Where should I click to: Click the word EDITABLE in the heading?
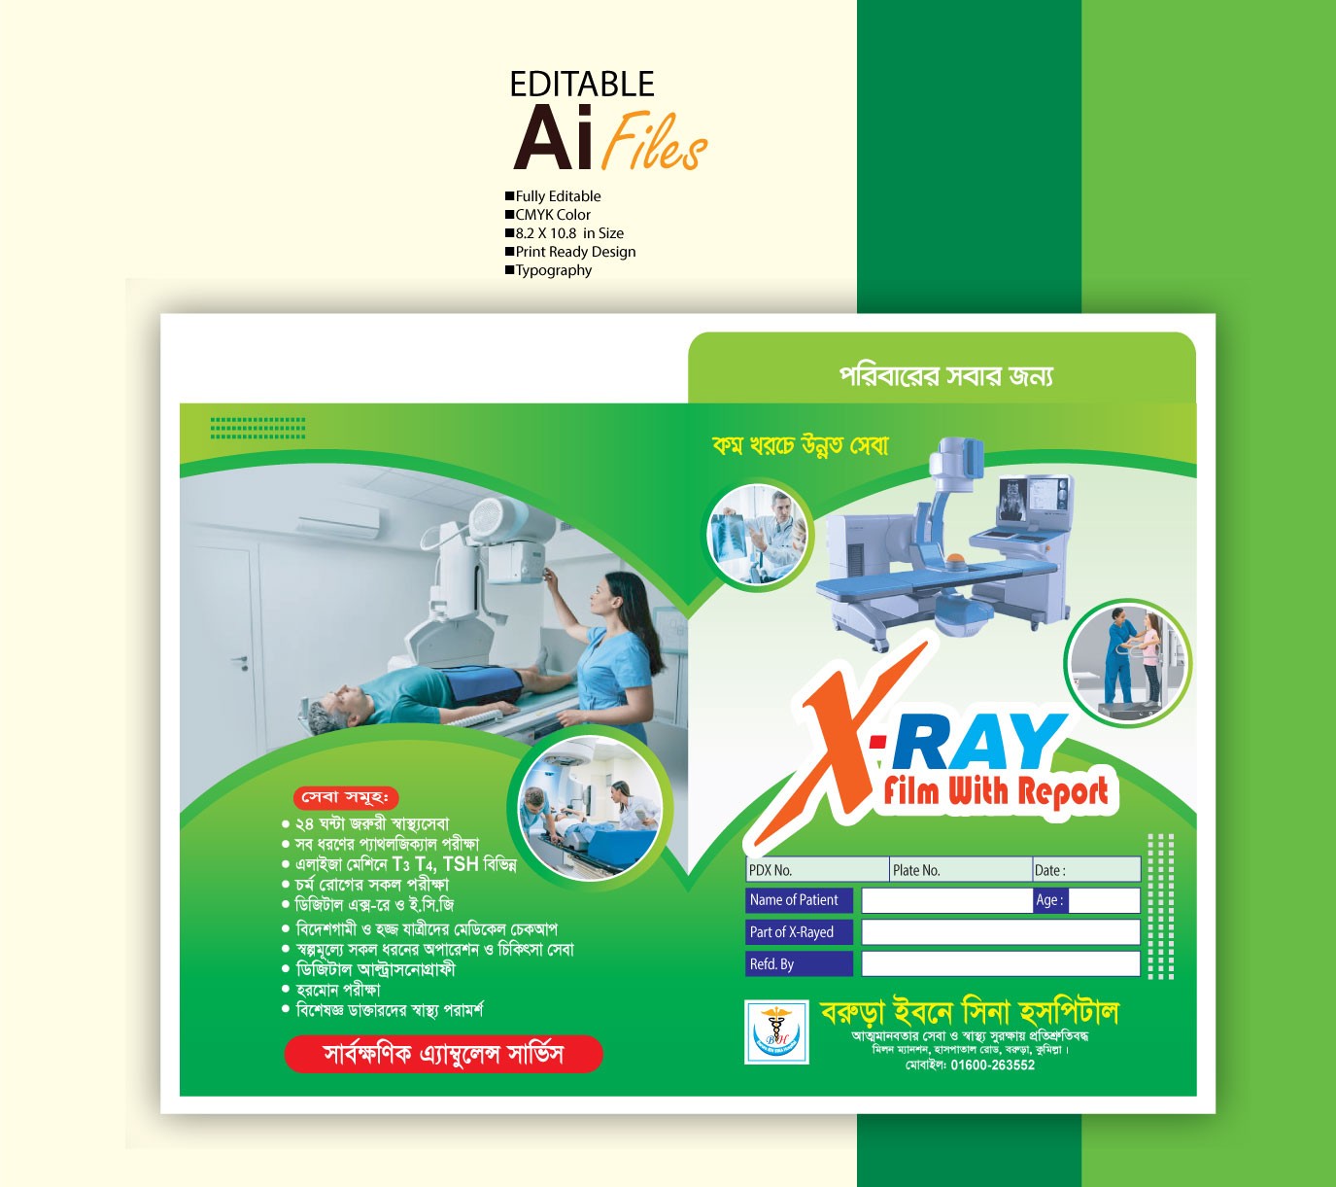pos(582,85)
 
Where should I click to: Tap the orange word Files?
pos(654,142)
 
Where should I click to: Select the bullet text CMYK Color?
pos(552,215)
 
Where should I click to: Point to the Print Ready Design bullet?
pos(575,252)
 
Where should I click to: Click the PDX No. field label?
pos(771,870)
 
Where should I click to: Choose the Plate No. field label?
pos(916,870)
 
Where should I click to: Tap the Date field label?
pos(1049,870)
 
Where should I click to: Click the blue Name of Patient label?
pos(794,900)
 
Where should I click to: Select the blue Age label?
pos(1049,900)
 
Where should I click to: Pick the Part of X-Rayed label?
pos(792,932)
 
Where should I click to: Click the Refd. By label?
pos(772,964)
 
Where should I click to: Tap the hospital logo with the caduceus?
pos(776,1031)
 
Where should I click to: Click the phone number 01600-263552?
pos(992,1065)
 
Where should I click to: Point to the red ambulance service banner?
pos(443,1054)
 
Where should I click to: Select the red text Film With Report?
pos(996,791)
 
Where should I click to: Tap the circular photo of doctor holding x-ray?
pos(759,535)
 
